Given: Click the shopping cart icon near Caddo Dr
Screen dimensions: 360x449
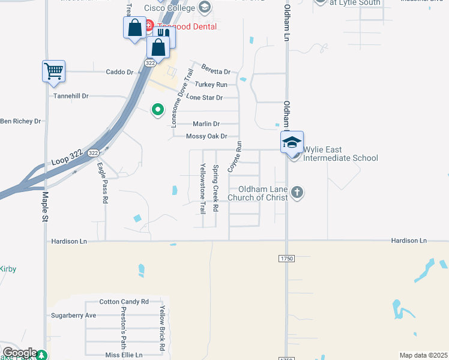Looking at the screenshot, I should pos(53,71).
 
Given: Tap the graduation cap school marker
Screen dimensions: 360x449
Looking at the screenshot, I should pos(292,142).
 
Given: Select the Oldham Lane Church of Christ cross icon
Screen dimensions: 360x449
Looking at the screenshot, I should pos(297,193).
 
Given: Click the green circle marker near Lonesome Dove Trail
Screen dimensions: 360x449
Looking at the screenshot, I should pos(158,110).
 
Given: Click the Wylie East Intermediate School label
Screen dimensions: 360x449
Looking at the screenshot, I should pos(340,154).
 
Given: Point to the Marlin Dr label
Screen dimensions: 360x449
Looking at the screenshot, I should pos(206,124).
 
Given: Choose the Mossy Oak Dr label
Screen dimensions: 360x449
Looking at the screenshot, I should pos(206,136).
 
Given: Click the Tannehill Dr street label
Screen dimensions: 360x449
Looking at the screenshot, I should pos(71,95).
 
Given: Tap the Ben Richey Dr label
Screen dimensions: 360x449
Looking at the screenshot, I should pos(20,121).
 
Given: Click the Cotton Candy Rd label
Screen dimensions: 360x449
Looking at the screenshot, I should pos(124,302).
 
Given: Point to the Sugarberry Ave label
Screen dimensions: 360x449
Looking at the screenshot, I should pos(74,315).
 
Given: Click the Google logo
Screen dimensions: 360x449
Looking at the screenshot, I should pos(19,353).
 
